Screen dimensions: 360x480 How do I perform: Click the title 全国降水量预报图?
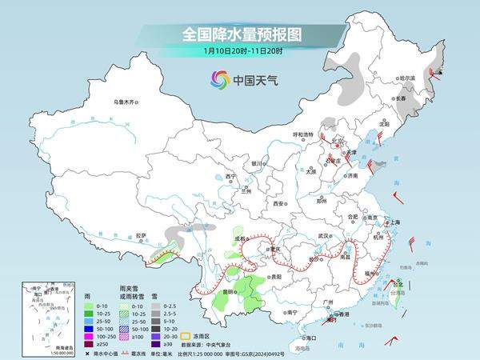239,35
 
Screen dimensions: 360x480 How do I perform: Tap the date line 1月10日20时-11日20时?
239,52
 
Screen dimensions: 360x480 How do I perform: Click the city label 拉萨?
141,235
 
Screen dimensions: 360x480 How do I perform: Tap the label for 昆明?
230,291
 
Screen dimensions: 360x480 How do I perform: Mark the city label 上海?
394,222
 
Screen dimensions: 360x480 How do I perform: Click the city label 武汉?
324,236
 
